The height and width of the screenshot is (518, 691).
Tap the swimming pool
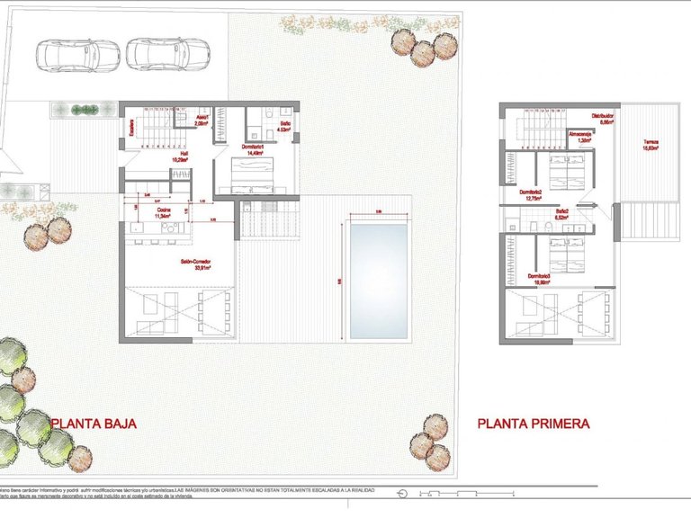pos(378,281)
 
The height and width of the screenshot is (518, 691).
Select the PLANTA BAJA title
pos(93,422)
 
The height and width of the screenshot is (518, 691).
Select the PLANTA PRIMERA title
pos(533,422)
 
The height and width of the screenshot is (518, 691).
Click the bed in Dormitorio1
pos(256,174)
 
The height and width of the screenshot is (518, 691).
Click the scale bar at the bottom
pos(459,493)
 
